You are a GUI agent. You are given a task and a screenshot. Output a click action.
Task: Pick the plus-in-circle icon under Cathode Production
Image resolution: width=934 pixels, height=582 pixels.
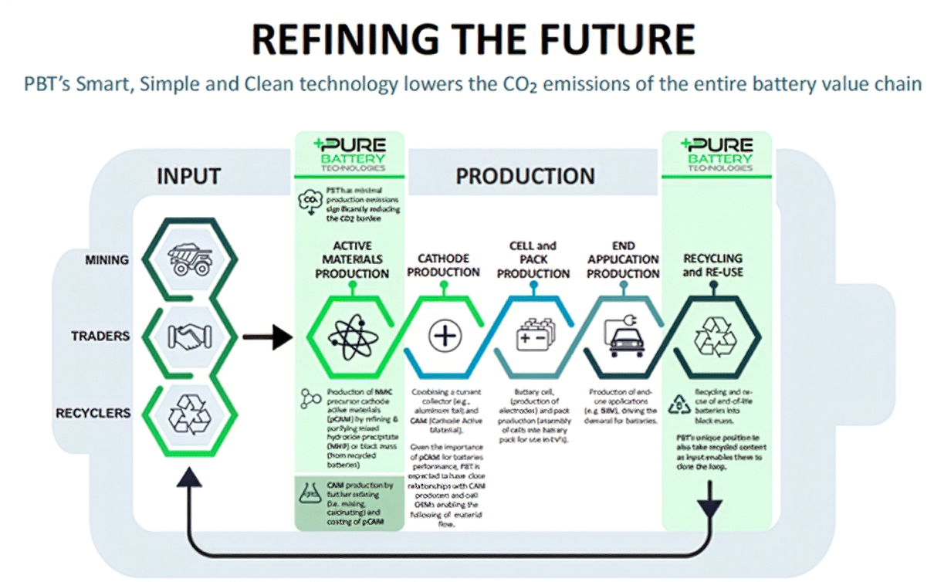pos(444,337)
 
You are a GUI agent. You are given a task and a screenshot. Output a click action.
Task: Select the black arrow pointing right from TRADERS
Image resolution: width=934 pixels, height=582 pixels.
pos(266,337)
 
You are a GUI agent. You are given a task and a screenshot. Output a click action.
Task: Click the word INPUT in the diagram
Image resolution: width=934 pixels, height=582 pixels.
pos(188,176)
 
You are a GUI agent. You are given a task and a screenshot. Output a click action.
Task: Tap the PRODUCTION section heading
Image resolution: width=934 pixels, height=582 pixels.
pos(525,176)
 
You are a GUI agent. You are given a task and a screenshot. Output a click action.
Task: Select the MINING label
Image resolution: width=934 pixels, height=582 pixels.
pos(107,259)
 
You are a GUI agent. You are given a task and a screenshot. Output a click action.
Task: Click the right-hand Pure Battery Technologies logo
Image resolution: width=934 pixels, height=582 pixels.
pos(717,154)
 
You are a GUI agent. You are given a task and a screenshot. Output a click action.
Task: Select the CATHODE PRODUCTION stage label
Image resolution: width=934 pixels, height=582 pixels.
pos(444,265)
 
